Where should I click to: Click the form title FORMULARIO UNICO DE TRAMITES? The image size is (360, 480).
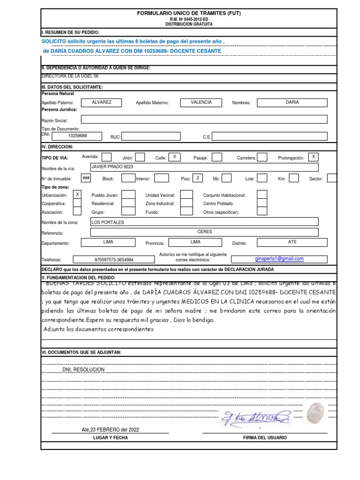188,14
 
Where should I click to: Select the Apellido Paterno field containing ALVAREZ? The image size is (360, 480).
102,103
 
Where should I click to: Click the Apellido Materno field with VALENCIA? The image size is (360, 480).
202,103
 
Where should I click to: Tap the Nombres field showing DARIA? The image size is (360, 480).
292,103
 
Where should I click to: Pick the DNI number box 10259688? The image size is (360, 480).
77,136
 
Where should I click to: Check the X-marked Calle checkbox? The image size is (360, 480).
174,157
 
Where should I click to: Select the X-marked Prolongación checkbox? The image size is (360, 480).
314,157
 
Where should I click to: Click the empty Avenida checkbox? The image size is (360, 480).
107,157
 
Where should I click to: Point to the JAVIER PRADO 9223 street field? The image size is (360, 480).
204,167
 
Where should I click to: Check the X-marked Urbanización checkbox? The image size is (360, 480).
77,195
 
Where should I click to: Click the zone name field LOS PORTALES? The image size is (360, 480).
204,222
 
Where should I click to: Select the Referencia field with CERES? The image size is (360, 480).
204,232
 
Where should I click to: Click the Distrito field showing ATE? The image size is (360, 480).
292,243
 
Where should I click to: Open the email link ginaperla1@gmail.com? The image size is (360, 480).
279,259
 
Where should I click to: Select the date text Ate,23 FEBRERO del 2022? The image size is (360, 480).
110,429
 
